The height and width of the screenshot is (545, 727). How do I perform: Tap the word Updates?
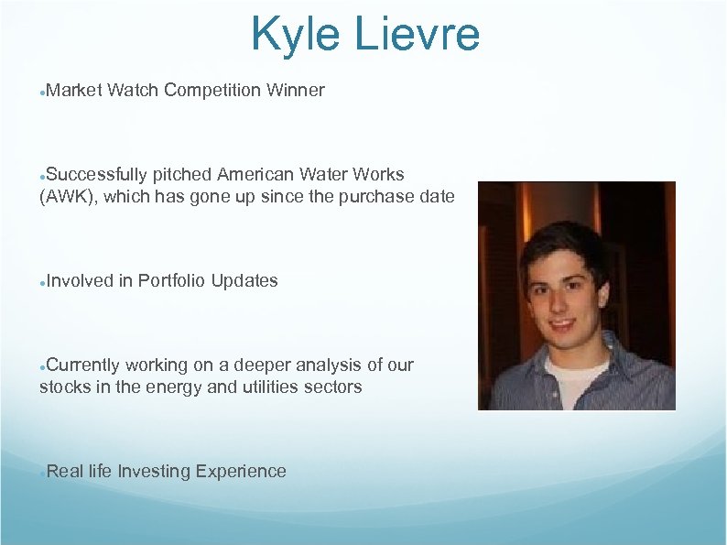[x=244, y=280]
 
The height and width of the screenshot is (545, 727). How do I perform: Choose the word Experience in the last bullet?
[x=238, y=471]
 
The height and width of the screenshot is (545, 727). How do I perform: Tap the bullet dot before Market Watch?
[x=42, y=92]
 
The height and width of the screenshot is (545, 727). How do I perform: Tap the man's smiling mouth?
[x=562, y=325]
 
